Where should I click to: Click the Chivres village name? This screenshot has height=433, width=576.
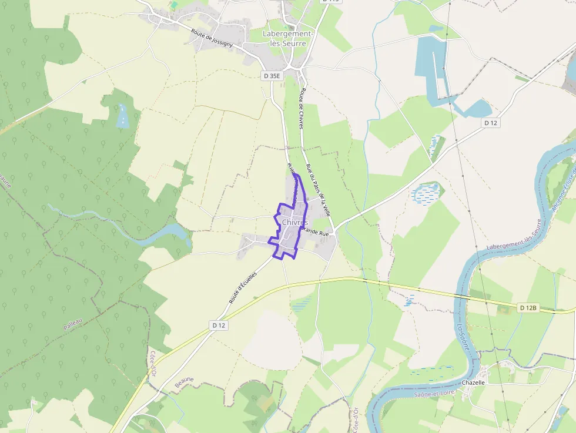pos(294,222)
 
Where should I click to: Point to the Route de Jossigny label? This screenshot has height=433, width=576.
pos(212,36)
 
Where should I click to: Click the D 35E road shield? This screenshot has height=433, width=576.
pos(272,76)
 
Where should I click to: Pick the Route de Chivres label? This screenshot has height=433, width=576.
pos(302,109)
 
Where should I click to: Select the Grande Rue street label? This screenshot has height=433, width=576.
pos(317,233)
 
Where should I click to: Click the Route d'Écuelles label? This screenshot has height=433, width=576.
pos(243,288)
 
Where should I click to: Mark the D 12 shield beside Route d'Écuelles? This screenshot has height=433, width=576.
pos(219,325)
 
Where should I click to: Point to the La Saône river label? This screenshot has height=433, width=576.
pos(463,337)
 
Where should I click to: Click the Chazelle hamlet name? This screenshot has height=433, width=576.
pos(473,382)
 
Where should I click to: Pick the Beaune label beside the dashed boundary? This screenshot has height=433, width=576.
pos(184,382)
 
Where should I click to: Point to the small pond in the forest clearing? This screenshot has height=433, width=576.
pos(122,116)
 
